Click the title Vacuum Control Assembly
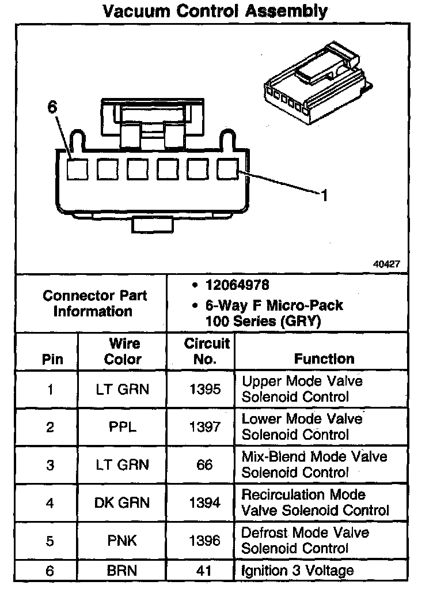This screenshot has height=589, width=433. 216,11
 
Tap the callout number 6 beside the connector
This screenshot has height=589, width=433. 52,107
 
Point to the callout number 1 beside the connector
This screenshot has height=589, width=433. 324,196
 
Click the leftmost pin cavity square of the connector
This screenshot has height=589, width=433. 77,169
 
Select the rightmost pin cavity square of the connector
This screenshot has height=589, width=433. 227,169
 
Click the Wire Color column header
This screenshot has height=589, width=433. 123,352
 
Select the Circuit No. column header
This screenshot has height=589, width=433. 206,352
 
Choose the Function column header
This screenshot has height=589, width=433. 324,359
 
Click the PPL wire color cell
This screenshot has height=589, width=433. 122,427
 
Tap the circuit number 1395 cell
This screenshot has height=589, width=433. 205,390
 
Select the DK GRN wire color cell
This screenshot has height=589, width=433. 122,503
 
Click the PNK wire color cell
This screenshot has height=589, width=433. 122,541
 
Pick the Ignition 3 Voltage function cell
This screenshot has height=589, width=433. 297,571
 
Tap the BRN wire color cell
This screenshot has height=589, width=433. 122,571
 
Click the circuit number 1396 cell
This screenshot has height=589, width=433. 205,541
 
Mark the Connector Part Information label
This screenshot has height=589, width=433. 94,304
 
